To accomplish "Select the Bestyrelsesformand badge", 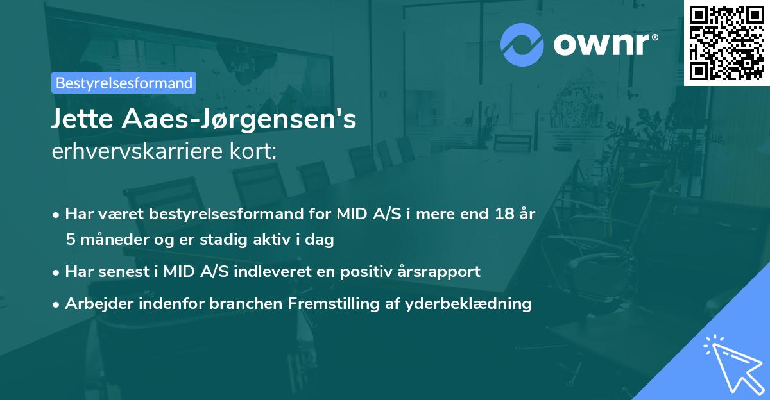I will [x=124, y=83].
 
